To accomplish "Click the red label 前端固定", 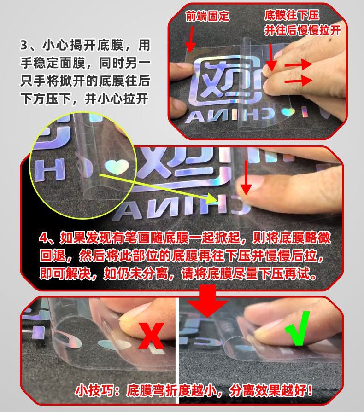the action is click(x=207, y=16).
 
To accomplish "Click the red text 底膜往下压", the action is click(x=291, y=15).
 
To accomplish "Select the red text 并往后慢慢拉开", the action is click(x=302, y=30).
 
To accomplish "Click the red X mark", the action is click(x=151, y=336).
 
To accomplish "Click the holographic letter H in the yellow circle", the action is click(x=50, y=170).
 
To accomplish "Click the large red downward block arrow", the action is click(x=207, y=300).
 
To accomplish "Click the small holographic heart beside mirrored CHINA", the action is click(x=288, y=113).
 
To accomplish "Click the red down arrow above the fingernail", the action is click(x=246, y=178).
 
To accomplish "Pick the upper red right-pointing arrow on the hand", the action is click(x=298, y=64).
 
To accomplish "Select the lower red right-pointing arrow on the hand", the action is click(x=298, y=80).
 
